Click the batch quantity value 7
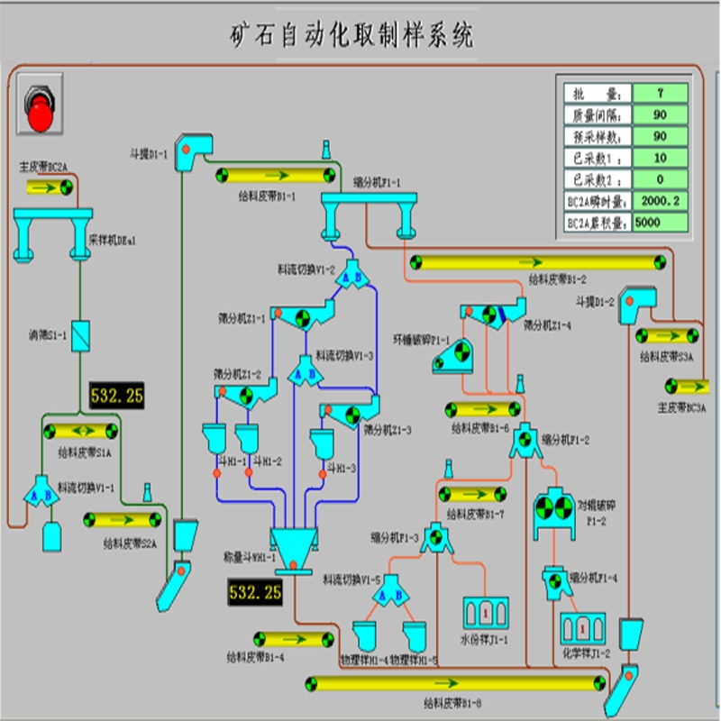click(x=661, y=93)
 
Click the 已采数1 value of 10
click(x=661, y=158)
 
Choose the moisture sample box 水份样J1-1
click(x=486, y=613)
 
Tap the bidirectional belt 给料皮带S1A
click(x=80, y=431)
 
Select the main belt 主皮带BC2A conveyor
click(x=51, y=187)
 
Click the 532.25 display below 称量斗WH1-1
click(x=255, y=592)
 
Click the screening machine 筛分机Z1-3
click(x=348, y=415)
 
